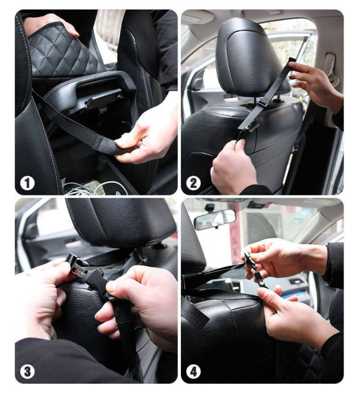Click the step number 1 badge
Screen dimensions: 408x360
tap(28, 182)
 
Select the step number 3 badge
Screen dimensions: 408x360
tap(28, 371)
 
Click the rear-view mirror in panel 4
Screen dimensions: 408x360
tap(214, 219)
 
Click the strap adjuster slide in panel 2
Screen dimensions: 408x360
tap(262, 101)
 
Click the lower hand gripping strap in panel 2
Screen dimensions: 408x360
tap(233, 165)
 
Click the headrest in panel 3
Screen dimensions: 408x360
tap(122, 221)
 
